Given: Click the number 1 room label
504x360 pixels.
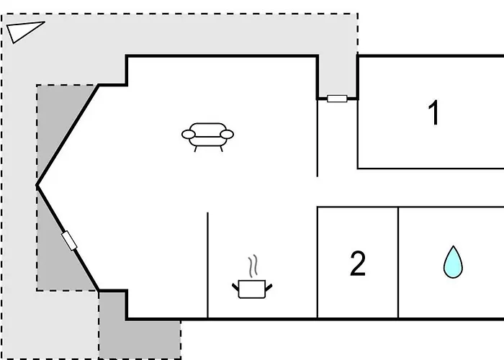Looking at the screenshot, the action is pos(434,112).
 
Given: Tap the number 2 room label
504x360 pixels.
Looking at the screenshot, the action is pos(358,264).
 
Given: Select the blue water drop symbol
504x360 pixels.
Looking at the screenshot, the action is pos(453,262).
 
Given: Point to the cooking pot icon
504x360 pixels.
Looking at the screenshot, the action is pos(252,289).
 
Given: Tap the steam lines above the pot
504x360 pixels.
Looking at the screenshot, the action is pos(253,266).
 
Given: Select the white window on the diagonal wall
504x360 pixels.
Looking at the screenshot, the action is pos(69,240).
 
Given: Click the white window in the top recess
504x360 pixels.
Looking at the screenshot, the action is pos(337,99).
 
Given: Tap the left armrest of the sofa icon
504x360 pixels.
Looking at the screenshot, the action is pos(189,135).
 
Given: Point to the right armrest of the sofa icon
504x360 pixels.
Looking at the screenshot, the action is pos(227,135).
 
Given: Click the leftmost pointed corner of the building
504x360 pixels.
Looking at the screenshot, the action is pos(37,186).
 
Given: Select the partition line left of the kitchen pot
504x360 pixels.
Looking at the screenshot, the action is pos(207,265).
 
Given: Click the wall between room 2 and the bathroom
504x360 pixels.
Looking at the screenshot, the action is pos(398,263).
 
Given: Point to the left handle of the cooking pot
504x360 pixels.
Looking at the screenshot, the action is pos(235,287).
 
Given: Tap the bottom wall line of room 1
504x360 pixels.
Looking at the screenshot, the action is pos(431,168).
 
